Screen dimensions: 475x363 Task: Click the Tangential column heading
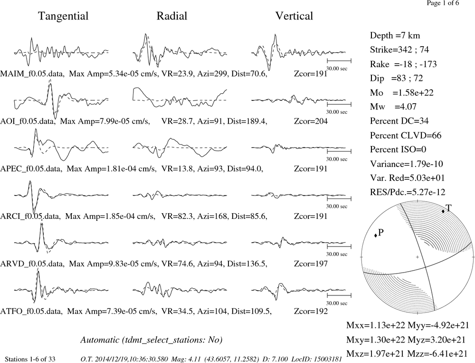[x=63, y=16]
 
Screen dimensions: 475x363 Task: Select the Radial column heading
[x=172, y=16]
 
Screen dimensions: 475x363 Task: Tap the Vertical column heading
[x=294, y=16]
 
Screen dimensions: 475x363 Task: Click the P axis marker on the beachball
[x=376, y=235]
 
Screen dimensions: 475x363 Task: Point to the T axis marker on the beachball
[x=443, y=211]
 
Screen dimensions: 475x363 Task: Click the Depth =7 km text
[x=395, y=36]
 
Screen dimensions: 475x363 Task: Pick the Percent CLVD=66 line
[x=406, y=136]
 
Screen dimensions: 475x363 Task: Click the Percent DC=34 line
[x=399, y=121]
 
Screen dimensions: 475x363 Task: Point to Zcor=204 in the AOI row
[x=311, y=121]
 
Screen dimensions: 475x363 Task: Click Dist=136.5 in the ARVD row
[x=247, y=264]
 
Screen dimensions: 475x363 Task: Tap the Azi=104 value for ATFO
[x=212, y=311]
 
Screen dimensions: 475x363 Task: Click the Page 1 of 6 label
[x=443, y=3]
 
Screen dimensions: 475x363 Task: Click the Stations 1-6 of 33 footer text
[x=30, y=359]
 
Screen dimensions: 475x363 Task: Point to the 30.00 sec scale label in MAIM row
[x=337, y=69]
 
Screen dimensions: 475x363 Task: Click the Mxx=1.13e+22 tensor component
[x=376, y=325]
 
